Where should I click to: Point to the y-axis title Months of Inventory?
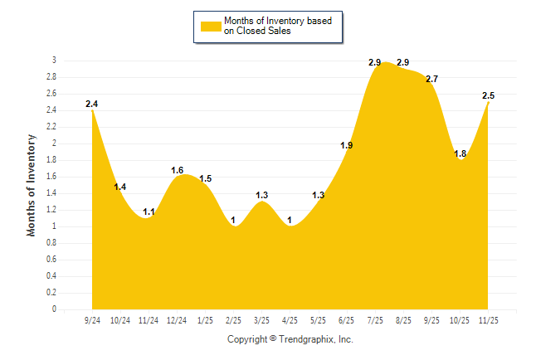point(32,184)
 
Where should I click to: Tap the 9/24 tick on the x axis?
point(92,319)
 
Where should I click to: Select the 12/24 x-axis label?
point(177,319)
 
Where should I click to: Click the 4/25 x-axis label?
point(290,319)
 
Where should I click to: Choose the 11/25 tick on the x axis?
point(488,319)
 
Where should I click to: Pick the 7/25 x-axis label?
point(375,319)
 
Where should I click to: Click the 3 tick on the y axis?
point(54,61)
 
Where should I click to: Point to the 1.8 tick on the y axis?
point(51,160)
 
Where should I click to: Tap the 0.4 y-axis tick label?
point(51,276)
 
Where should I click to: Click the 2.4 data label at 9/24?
point(92,104)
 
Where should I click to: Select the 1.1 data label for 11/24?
point(149,212)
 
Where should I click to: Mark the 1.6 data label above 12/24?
point(177,170)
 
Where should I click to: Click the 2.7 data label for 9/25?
point(431,79)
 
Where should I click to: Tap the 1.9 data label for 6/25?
point(347,145)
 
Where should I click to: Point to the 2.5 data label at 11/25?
point(489,95)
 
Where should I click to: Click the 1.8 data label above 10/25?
point(460,153)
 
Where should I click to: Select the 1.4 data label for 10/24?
point(120,187)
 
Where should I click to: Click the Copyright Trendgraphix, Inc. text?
point(290,339)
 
